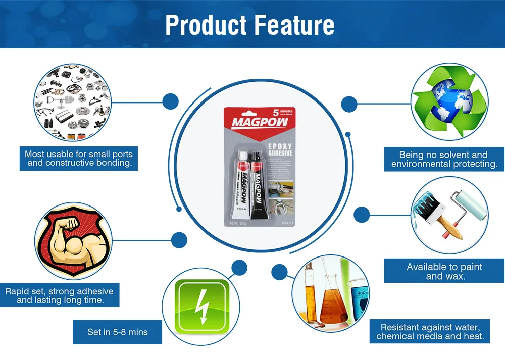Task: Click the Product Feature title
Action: pos(249,25)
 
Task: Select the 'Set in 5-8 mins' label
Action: pos(117,332)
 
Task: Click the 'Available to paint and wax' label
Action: pos(444,271)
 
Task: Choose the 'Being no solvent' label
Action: pos(444,159)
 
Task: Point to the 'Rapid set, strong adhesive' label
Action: pos(60,295)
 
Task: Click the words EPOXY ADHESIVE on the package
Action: pos(279,149)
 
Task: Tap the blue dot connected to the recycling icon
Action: pos(349,104)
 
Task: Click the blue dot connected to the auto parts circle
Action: pos(171,101)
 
